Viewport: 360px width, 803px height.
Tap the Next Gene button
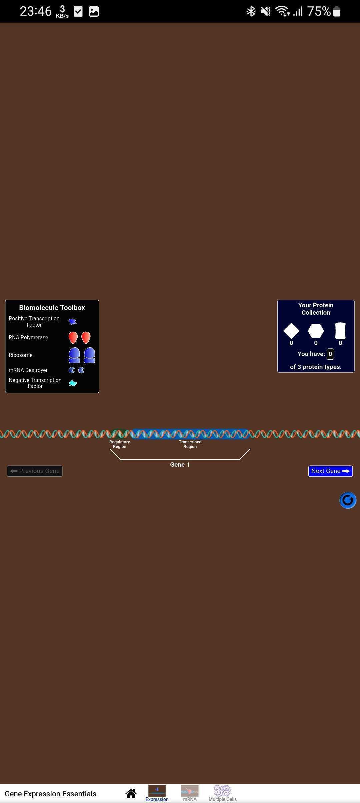pyautogui.click(x=330, y=471)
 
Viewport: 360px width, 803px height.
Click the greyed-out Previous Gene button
pyautogui.click(x=35, y=471)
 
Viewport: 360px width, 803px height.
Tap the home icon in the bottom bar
pyautogui.click(x=131, y=794)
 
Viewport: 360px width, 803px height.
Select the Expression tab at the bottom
pyautogui.click(x=157, y=793)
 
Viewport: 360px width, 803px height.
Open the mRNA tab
pyautogui.click(x=190, y=793)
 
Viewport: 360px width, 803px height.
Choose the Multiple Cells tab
pyautogui.click(x=222, y=793)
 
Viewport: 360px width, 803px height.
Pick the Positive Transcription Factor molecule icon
pyautogui.click(x=73, y=322)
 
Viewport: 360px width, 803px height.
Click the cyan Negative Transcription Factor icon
pyautogui.click(x=73, y=383)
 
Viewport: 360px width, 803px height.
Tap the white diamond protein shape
pyautogui.click(x=291, y=331)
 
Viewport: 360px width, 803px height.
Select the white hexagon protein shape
pyautogui.click(x=316, y=331)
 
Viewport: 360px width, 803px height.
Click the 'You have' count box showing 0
pyautogui.click(x=330, y=354)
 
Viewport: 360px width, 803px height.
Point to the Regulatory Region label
pyautogui.click(x=120, y=444)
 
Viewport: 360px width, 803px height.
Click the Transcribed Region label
pyautogui.click(x=190, y=444)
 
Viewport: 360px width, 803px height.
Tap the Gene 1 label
pyautogui.click(x=180, y=465)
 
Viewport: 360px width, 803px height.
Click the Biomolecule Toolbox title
pyautogui.click(x=52, y=308)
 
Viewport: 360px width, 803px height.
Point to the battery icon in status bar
pyautogui.click(x=337, y=11)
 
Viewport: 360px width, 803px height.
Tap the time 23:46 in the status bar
pyautogui.click(x=36, y=11)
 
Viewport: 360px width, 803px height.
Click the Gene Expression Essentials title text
pyautogui.click(x=50, y=794)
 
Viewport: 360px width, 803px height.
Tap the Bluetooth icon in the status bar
pyautogui.click(x=251, y=11)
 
